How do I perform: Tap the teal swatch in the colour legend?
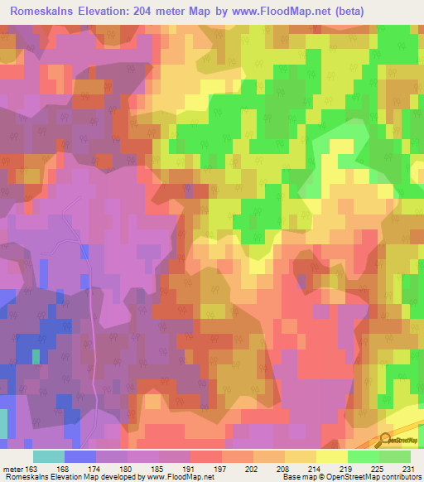[x=49, y=456]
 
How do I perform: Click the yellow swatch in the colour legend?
[x=332, y=456]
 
